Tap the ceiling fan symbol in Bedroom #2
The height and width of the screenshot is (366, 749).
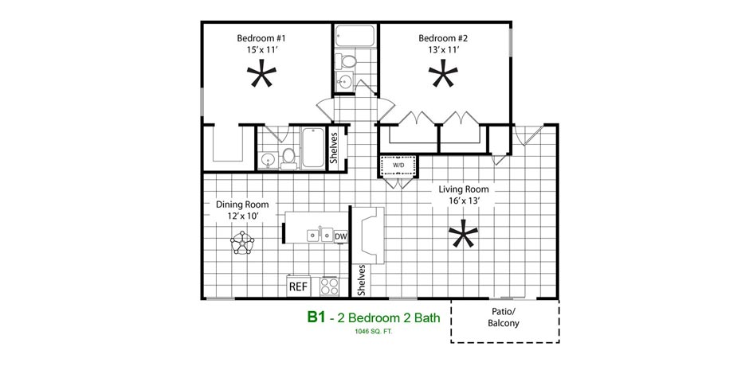click(443, 74)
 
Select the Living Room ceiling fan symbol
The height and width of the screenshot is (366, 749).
click(463, 234)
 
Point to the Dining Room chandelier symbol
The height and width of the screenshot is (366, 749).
click(242, 243)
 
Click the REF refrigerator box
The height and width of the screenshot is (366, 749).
click(299, 287)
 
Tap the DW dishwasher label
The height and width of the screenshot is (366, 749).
click(340, 236)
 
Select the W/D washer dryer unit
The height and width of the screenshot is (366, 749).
click(398, 165)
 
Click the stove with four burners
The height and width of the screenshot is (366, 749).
click(329, 286)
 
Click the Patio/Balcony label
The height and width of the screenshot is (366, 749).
click(504, 317)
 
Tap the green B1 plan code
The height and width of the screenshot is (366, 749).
click(316, 317)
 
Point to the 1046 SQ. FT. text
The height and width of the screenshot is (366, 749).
click(374, 331)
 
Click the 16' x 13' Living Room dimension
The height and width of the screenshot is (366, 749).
click(464, 201)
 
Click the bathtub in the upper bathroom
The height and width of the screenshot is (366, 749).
click(355, 36)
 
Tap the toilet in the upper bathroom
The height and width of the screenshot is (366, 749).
click(345, 61)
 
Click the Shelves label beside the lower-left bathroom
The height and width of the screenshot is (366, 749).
click(334, 147)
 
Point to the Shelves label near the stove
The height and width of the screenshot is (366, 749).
click(362, 280)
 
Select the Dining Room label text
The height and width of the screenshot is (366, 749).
click(242, 204)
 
